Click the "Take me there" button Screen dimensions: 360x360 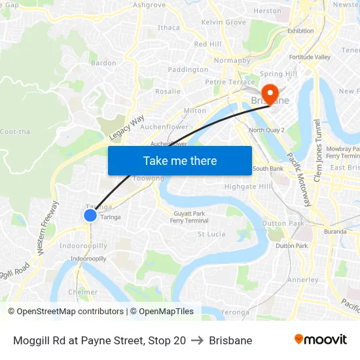180,160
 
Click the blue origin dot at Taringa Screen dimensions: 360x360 90,215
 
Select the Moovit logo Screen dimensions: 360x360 320,340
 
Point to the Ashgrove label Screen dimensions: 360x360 149,5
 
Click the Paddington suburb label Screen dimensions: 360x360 188,69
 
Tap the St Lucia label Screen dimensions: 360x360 211,234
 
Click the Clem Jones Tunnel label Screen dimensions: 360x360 318,150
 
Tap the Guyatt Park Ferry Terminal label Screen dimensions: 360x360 189,217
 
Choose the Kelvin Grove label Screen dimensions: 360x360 223,22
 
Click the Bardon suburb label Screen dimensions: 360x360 103,63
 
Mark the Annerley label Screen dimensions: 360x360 302,279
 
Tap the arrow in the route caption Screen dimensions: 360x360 197,340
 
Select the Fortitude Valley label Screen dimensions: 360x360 310,57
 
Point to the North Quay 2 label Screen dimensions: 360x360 266,130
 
